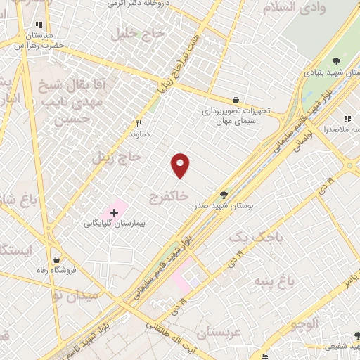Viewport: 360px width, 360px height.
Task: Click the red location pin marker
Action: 181,165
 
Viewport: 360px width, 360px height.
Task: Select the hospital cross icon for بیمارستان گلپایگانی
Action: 114,211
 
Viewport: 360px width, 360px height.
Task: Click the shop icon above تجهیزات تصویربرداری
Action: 235,100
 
